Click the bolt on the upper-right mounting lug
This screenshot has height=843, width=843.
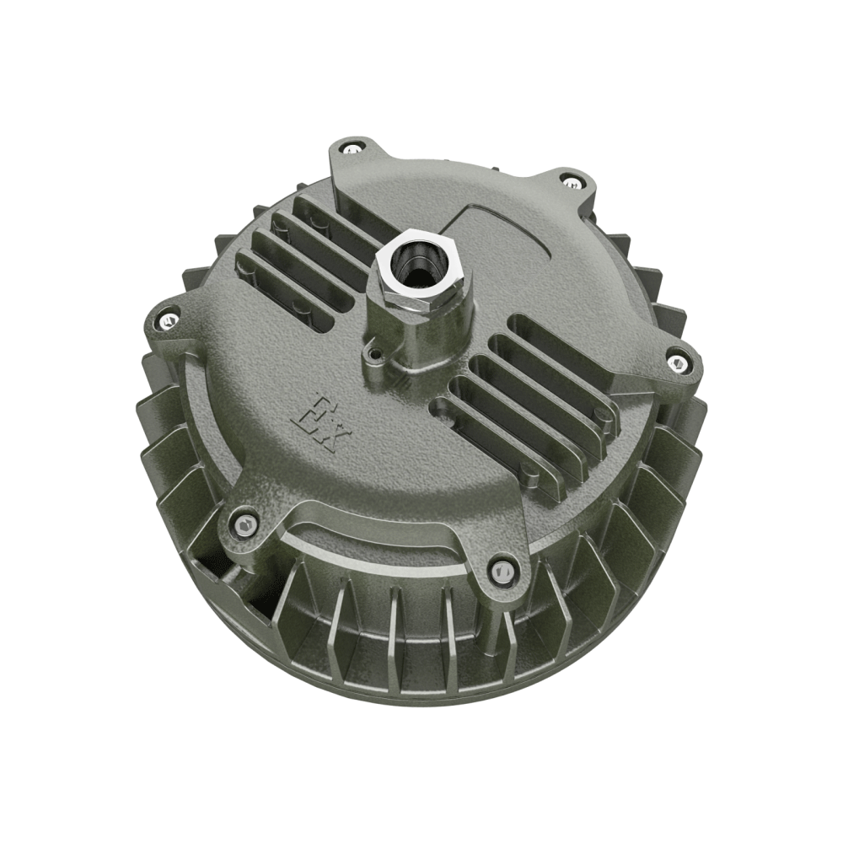tap(573, 180)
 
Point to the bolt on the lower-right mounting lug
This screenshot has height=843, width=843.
tap(502, 573)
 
